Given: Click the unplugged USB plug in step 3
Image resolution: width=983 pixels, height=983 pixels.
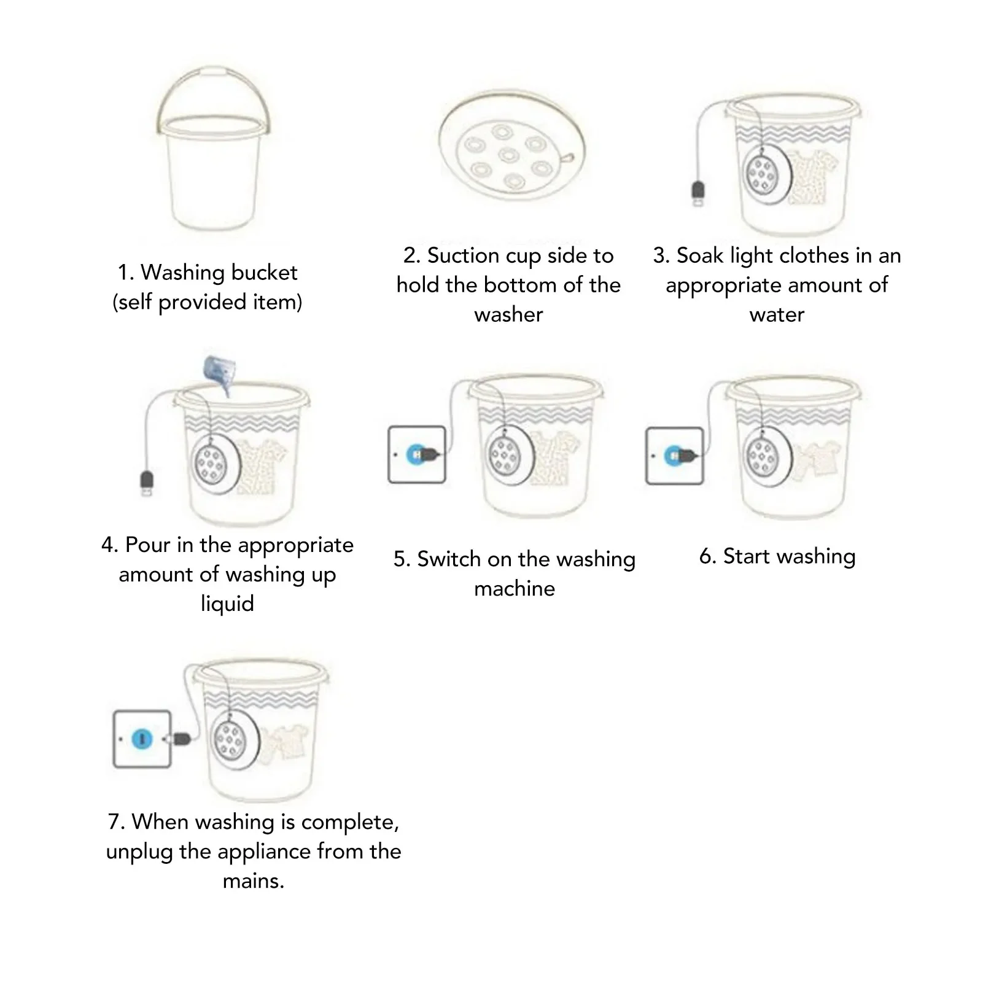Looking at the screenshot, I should [x=698, y=193].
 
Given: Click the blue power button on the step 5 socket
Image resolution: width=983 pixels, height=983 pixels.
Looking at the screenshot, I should [x=417, y=454].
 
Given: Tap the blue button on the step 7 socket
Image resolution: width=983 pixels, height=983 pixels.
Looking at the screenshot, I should [x=142, y=739].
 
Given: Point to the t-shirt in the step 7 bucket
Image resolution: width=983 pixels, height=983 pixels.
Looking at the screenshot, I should [x=282, y=744].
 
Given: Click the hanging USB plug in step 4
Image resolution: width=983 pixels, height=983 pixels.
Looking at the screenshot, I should [x=147, y=483].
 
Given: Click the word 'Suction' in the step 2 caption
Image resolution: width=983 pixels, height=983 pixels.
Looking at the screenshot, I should [x=463, y=255].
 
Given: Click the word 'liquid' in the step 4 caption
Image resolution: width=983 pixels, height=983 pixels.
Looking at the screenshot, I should [x=227, y=604].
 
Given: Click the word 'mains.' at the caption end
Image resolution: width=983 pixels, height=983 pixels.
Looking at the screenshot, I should [x=254, y=881].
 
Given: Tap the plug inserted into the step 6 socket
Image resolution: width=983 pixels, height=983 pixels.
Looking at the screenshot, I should [x=689, y=456].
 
